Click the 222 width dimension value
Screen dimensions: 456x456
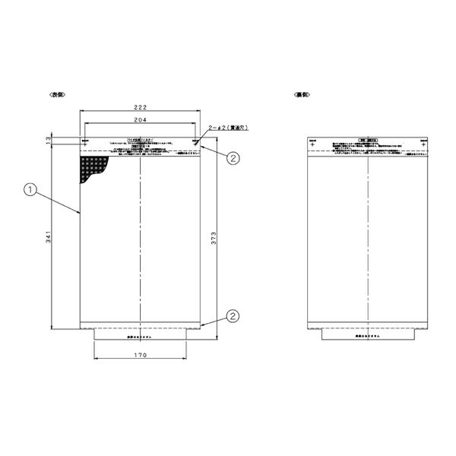point(140,108)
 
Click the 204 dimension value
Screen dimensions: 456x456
point(140,120)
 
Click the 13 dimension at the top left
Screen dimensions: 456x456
point(48,141)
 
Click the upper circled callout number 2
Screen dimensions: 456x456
point(233,158)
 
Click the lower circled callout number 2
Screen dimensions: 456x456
point(233,315)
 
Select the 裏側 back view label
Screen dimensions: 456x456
point(302,94)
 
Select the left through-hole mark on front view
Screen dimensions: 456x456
point(84,142)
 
